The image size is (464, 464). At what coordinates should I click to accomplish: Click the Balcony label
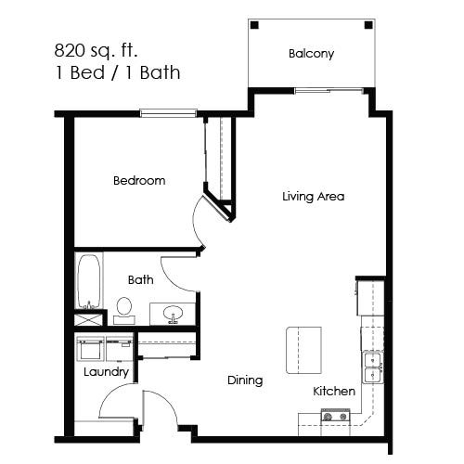click(x=311, y=54)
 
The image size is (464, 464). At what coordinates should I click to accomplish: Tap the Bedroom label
click(x=139, y=181)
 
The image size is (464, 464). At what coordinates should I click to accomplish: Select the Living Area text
click(x=314, y=197)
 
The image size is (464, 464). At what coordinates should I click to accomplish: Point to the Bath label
click(x=141, y=279)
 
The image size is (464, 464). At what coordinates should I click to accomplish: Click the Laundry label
click(x=105, y=372)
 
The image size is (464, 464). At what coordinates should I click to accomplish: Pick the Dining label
click(x=245, y=380)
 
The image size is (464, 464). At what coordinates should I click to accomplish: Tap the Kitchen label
click(x=333, y=392)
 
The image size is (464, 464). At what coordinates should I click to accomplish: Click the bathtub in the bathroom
click(x=88, y=280)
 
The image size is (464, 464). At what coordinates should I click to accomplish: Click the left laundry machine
click(x=91, y=349)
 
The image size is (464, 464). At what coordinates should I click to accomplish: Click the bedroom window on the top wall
click(x=170, y=113)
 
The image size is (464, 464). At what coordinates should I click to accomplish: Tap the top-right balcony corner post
click(x=368, y=25)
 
